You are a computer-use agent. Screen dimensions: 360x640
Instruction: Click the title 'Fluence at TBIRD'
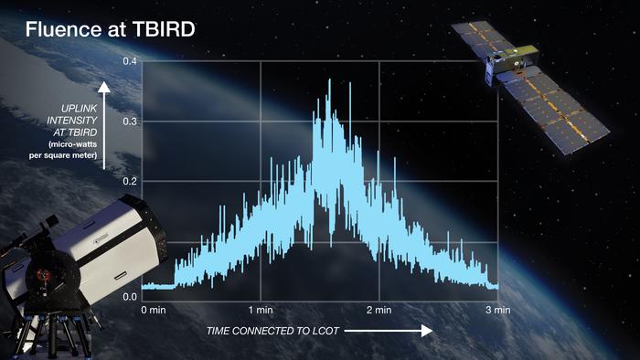[x=110, y=29]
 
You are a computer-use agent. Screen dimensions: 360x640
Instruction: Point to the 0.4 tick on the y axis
[x=131, y=61]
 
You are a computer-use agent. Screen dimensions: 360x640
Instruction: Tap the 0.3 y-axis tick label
[x=131, y=121]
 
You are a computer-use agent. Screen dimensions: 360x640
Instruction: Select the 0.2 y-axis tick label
[x=131, y=180]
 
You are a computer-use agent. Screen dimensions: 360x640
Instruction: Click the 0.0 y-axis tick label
[x=131, y=297]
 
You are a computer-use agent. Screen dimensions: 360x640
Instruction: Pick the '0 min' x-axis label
[x=155, y=311]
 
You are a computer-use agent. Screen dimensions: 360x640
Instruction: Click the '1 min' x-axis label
[x=261, y=311]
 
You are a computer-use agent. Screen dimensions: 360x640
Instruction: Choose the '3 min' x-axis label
[x=496, y=311]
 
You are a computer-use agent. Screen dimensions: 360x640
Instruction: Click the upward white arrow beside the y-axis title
[x=104, y=123]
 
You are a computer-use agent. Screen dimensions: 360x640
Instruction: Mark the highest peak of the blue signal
[x=328, y=80]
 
